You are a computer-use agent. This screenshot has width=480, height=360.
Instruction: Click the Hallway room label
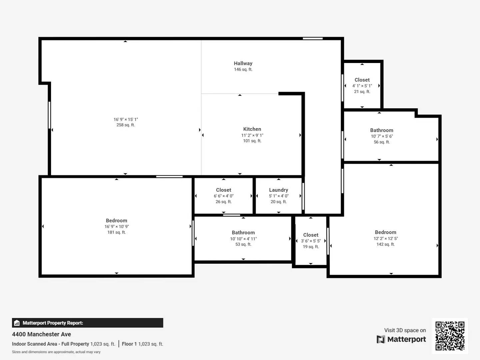click(243, 63)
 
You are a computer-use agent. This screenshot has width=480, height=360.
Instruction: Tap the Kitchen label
click(252, 129)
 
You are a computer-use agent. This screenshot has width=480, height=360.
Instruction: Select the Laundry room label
click(278, 190)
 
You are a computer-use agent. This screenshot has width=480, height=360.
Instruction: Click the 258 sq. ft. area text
click(126, 125)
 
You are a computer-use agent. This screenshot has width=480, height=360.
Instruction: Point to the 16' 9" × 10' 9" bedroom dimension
click(116, 226)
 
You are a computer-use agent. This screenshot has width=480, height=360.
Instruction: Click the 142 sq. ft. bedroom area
click(386, 244)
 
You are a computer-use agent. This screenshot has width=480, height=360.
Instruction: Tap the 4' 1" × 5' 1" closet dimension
click(362, 86)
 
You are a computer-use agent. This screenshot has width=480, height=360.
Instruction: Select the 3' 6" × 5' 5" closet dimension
click(311, 241)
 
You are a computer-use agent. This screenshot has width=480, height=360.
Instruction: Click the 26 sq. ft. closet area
click(223, 202)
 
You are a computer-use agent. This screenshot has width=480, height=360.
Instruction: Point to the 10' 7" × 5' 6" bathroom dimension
click(382, 136)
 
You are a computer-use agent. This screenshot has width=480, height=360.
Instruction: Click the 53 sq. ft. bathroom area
click(243, 244)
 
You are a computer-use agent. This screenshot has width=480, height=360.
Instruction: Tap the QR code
click(450, 336)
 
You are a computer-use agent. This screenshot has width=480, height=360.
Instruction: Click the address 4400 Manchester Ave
click(41, 334)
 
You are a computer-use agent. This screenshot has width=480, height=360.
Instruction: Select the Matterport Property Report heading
click(53, 323)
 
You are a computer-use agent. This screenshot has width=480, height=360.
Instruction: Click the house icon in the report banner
click(17, 323)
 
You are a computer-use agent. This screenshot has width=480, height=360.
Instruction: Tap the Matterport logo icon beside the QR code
click(381, 339)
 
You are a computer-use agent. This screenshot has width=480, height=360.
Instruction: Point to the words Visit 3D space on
click(405, 330)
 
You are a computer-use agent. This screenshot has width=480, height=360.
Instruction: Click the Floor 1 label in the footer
click(129, 344)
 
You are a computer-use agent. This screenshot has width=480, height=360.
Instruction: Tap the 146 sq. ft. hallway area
click(243, 69)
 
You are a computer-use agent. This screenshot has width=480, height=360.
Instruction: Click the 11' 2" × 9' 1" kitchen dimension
click(252, 135)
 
